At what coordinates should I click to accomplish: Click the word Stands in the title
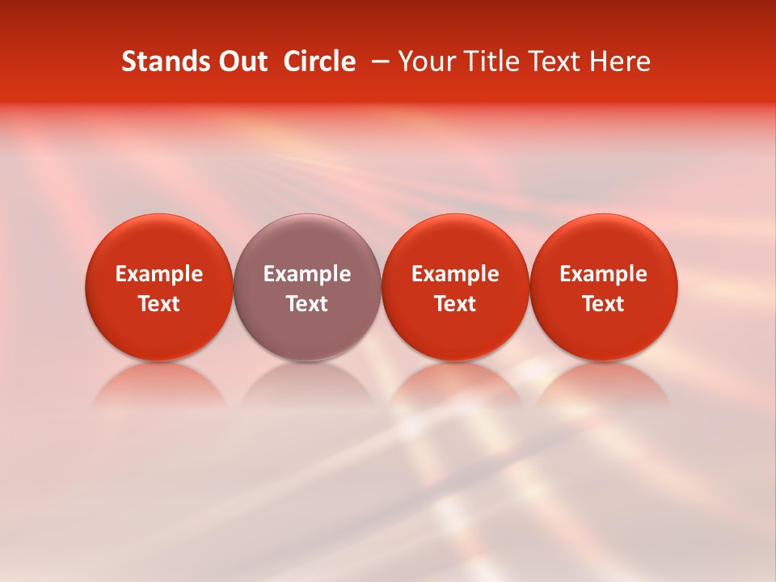click(x=160, y=61)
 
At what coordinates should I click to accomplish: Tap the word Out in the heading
click(x=241, y=61)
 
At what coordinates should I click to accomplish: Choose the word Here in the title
click(x=622, y=61)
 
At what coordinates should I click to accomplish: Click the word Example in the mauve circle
click(x=307, y=274)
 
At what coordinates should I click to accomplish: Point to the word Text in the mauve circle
click(x=307, y=304)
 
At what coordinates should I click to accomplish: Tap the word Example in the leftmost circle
click(x=159, y=274)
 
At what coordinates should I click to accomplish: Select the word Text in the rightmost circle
click(x=603, y=304)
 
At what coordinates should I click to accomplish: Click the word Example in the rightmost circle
click(x=603, y=274)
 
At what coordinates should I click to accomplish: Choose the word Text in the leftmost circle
click(x=159, y=304)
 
